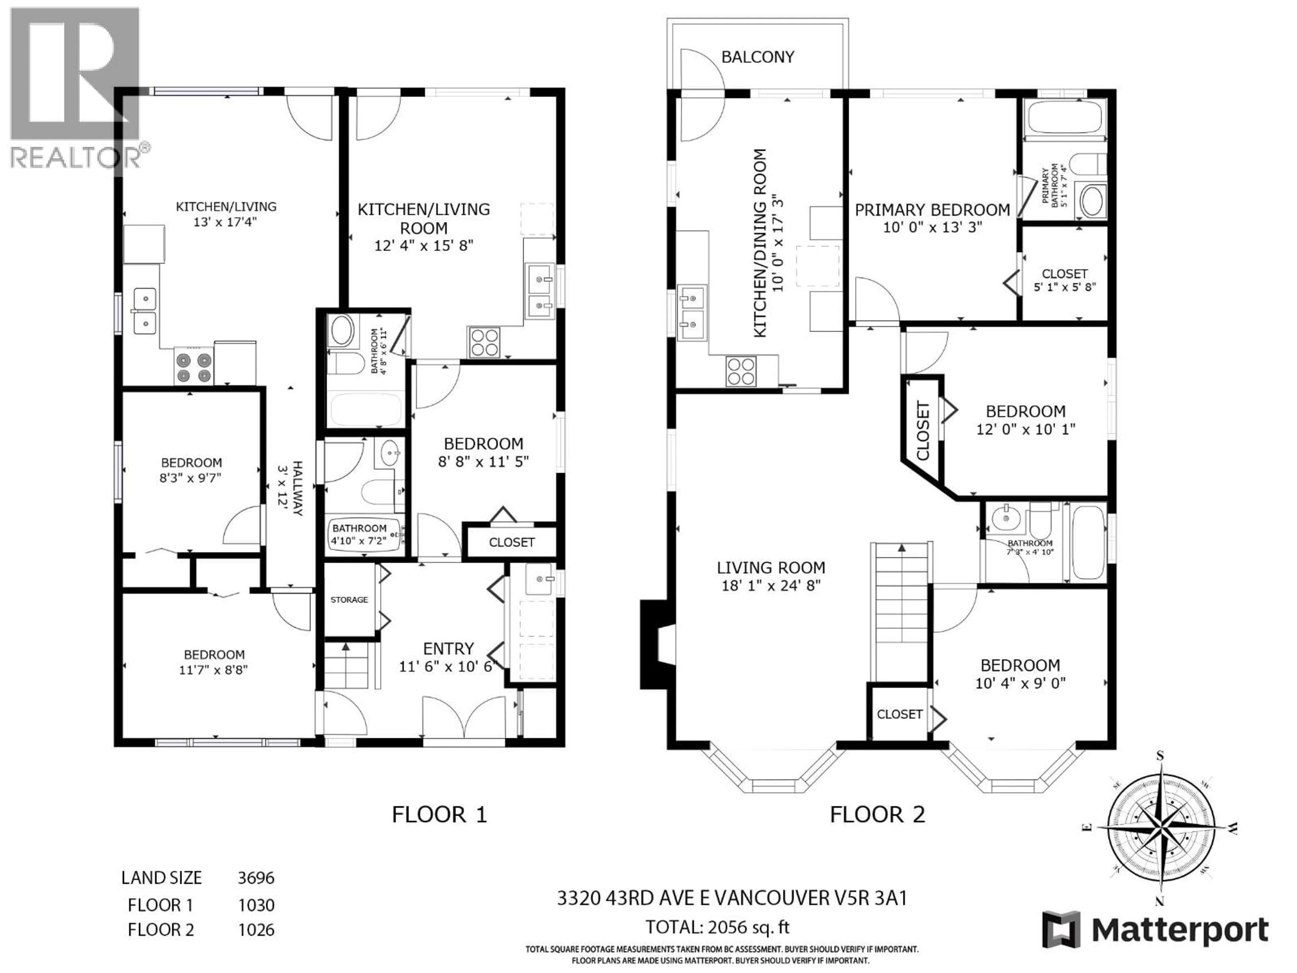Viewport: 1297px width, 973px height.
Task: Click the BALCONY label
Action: point(758,57)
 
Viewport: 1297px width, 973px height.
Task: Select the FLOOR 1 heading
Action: point(439,815)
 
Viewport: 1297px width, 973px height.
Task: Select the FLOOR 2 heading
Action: point(877,815)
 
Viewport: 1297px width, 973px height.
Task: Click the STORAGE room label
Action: point(349,599)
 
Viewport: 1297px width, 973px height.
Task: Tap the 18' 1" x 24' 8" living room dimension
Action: point(770,585)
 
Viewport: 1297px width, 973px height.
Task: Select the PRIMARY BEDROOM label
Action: point(932,210)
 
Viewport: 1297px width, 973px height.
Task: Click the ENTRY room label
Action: point(448,649)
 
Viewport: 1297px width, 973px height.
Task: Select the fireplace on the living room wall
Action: point(656,643)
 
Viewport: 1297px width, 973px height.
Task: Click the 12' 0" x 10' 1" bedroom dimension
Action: point(1025,429)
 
